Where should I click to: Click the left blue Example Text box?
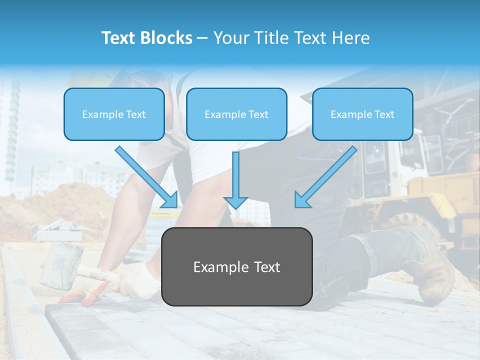pyautogui.click(x=114, y=114)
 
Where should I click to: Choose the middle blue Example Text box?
pyautogui.click(x=236, y=114)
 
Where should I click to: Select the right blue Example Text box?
pyautogui.click(x=362, y=114)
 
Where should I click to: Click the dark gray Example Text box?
pyautogui.click(x=236, y=266)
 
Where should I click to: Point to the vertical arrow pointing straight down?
pyautogui.click(x=235, y=180)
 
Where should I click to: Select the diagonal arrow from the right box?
pyautogui.click(x=325, y=177)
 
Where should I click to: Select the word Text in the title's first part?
pyautogui.click(x=119, y=38)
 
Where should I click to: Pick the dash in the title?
pyautogui.click(x=202, y=38)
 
